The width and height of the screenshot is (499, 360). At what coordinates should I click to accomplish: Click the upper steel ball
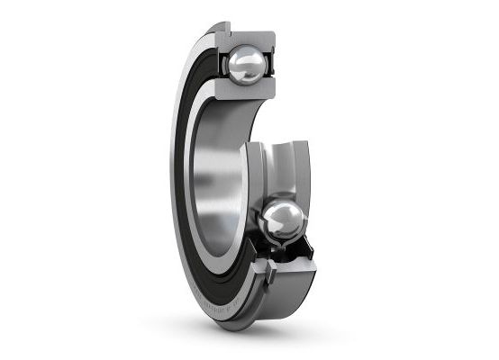[246, 66]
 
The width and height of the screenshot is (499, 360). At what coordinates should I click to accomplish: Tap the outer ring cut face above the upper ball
[243, 36]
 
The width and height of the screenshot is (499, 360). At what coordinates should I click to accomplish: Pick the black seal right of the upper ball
[269, 67]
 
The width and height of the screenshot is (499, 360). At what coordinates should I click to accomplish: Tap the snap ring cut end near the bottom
[268, 269]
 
